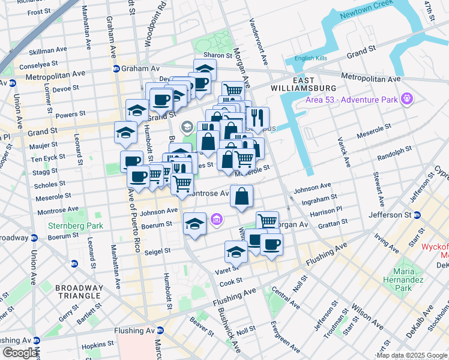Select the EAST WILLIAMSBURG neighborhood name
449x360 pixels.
point(311,85)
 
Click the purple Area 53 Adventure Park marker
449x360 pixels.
point(407,97)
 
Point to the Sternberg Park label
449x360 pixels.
point(75,226)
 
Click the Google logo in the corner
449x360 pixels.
point(20,353)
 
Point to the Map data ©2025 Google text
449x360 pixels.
point(412,355)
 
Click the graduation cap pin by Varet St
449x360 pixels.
point(236,252)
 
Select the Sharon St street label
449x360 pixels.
point(217,55)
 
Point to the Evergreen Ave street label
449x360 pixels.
point(286,338)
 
